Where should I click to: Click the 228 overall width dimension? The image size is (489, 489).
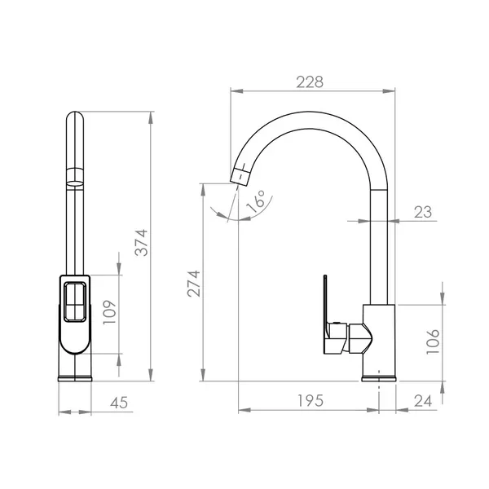310,82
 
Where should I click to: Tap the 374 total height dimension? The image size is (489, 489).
141,243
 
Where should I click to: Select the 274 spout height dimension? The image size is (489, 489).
194,284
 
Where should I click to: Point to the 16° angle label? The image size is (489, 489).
256,201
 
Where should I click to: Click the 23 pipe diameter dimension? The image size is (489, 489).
423,213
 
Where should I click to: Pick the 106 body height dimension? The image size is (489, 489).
433,341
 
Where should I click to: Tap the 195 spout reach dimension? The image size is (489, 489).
311,401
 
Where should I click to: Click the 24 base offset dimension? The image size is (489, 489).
423,401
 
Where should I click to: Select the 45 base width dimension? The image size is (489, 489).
119,403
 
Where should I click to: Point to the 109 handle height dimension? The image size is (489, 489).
109,312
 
